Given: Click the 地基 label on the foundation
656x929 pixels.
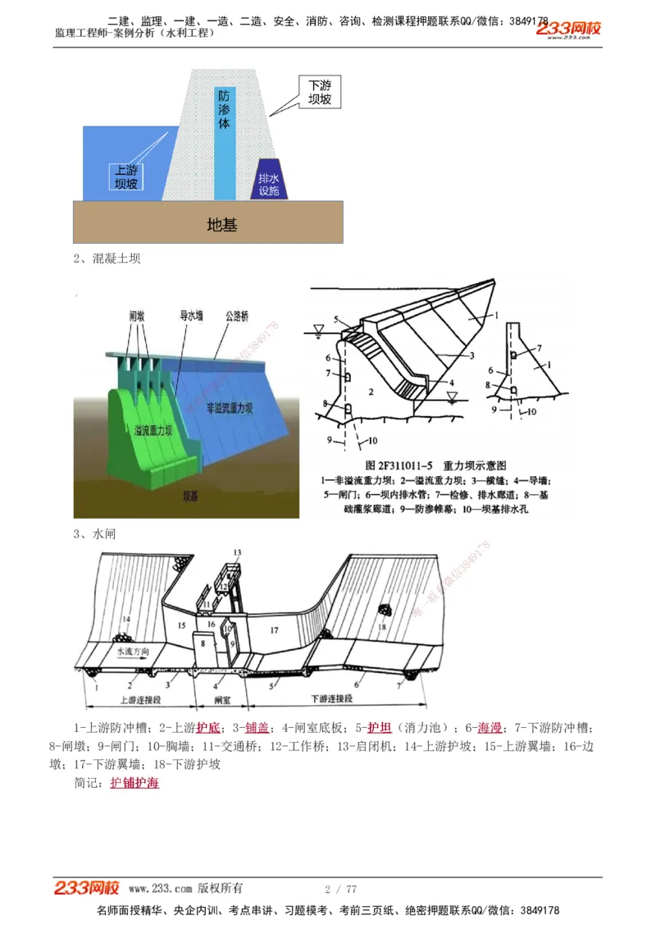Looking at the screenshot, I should pyautogui.click(x=222, y=224).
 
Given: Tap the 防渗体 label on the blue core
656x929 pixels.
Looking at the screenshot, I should pyautogui.click(x=224, y=109).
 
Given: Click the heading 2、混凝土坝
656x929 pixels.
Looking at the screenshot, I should pyautogui.click(x=107, y=259).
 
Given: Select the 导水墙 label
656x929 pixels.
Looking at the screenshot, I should pyautogui.click(x=191, y=315).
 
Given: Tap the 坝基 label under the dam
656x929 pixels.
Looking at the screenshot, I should pyautogui.click(x=191, y=497).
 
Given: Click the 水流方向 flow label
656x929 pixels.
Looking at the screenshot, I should pyautogui.click(x=134, y=652).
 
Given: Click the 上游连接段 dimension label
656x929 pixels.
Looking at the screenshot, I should pyautogui.click(x=140, y=700).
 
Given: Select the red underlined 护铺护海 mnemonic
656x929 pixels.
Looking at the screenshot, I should pyautogui.click(x=134, y=783).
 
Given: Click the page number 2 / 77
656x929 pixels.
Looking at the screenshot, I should pyautogui.click(x=341, y=890).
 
